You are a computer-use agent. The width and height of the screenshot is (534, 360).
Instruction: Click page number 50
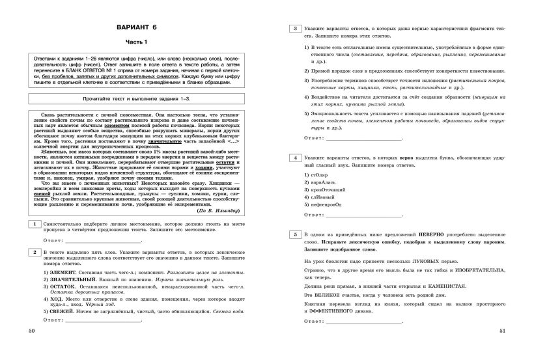pyautogui.click(x=33, y=350)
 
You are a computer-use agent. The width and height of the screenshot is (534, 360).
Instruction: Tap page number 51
pyautogui.click(x=502, y=350)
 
